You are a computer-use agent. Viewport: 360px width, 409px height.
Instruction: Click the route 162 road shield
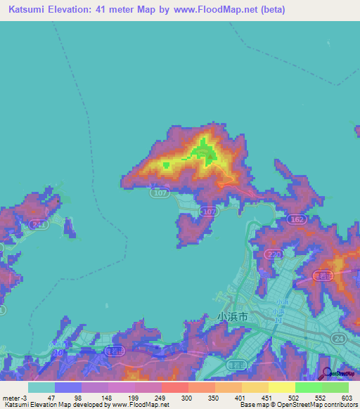click(295, 220)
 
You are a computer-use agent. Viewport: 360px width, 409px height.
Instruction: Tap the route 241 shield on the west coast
click(39, 224)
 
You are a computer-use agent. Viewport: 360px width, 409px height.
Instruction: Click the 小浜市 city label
click(233, 318)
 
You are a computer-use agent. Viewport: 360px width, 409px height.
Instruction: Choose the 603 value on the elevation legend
click(347, 397)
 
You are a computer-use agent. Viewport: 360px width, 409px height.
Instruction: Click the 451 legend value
click(266, 397)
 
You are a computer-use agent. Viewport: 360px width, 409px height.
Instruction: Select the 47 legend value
click(51, 397)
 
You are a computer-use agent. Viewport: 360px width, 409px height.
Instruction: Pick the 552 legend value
click(320, 397)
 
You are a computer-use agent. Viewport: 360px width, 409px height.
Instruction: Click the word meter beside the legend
click(11, 397)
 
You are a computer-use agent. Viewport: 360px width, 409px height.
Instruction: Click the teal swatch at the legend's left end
click(41, 387)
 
